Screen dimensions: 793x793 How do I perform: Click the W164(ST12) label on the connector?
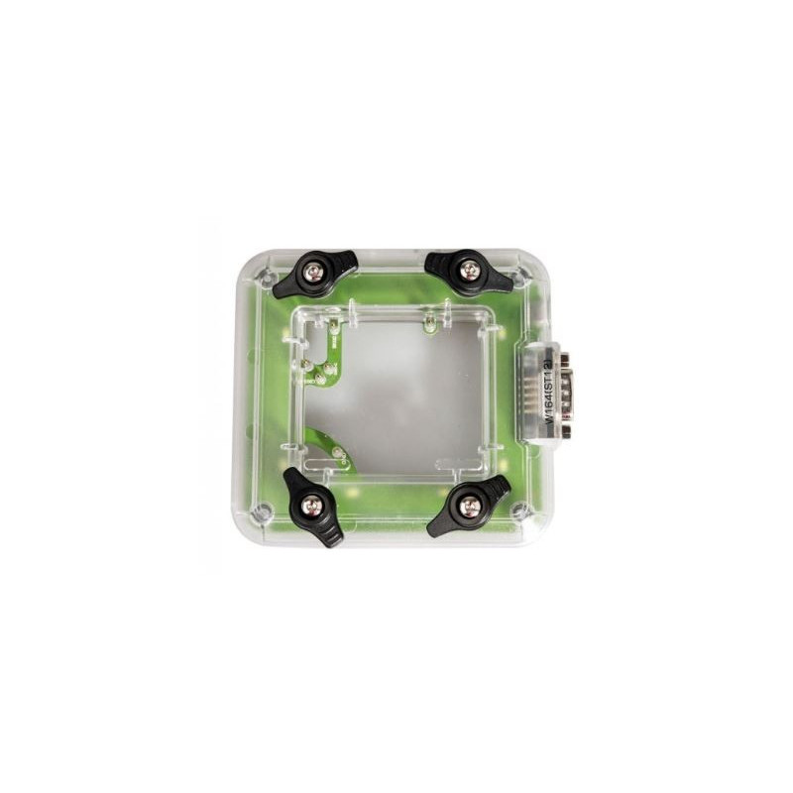point(546,393)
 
